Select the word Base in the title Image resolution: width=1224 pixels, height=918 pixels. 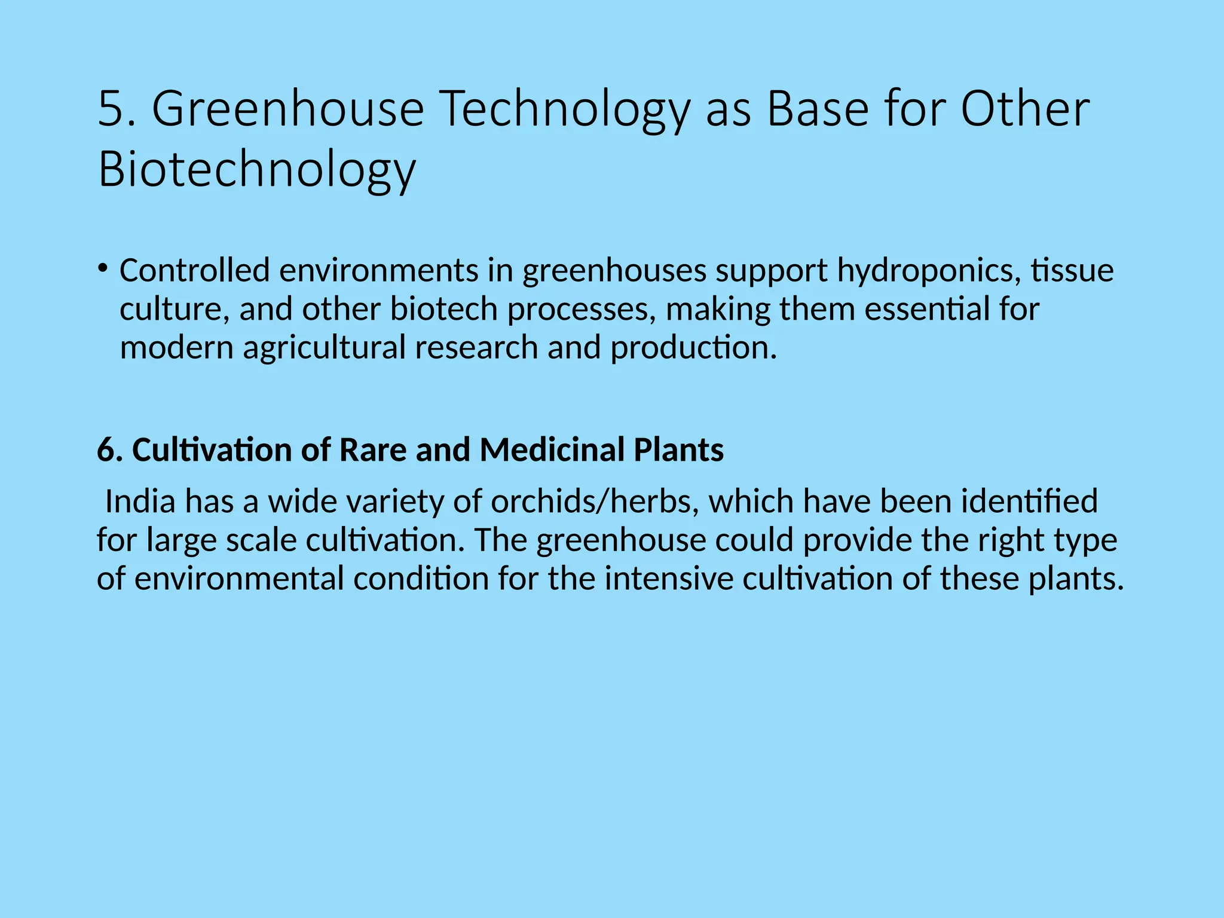coord(817,109)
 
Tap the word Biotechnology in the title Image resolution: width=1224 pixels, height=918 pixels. coord(256,170)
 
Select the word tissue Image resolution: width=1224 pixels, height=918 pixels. coord(1072,270)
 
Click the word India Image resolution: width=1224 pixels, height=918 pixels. coord(140,501)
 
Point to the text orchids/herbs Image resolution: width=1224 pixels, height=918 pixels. coord(594,501)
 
